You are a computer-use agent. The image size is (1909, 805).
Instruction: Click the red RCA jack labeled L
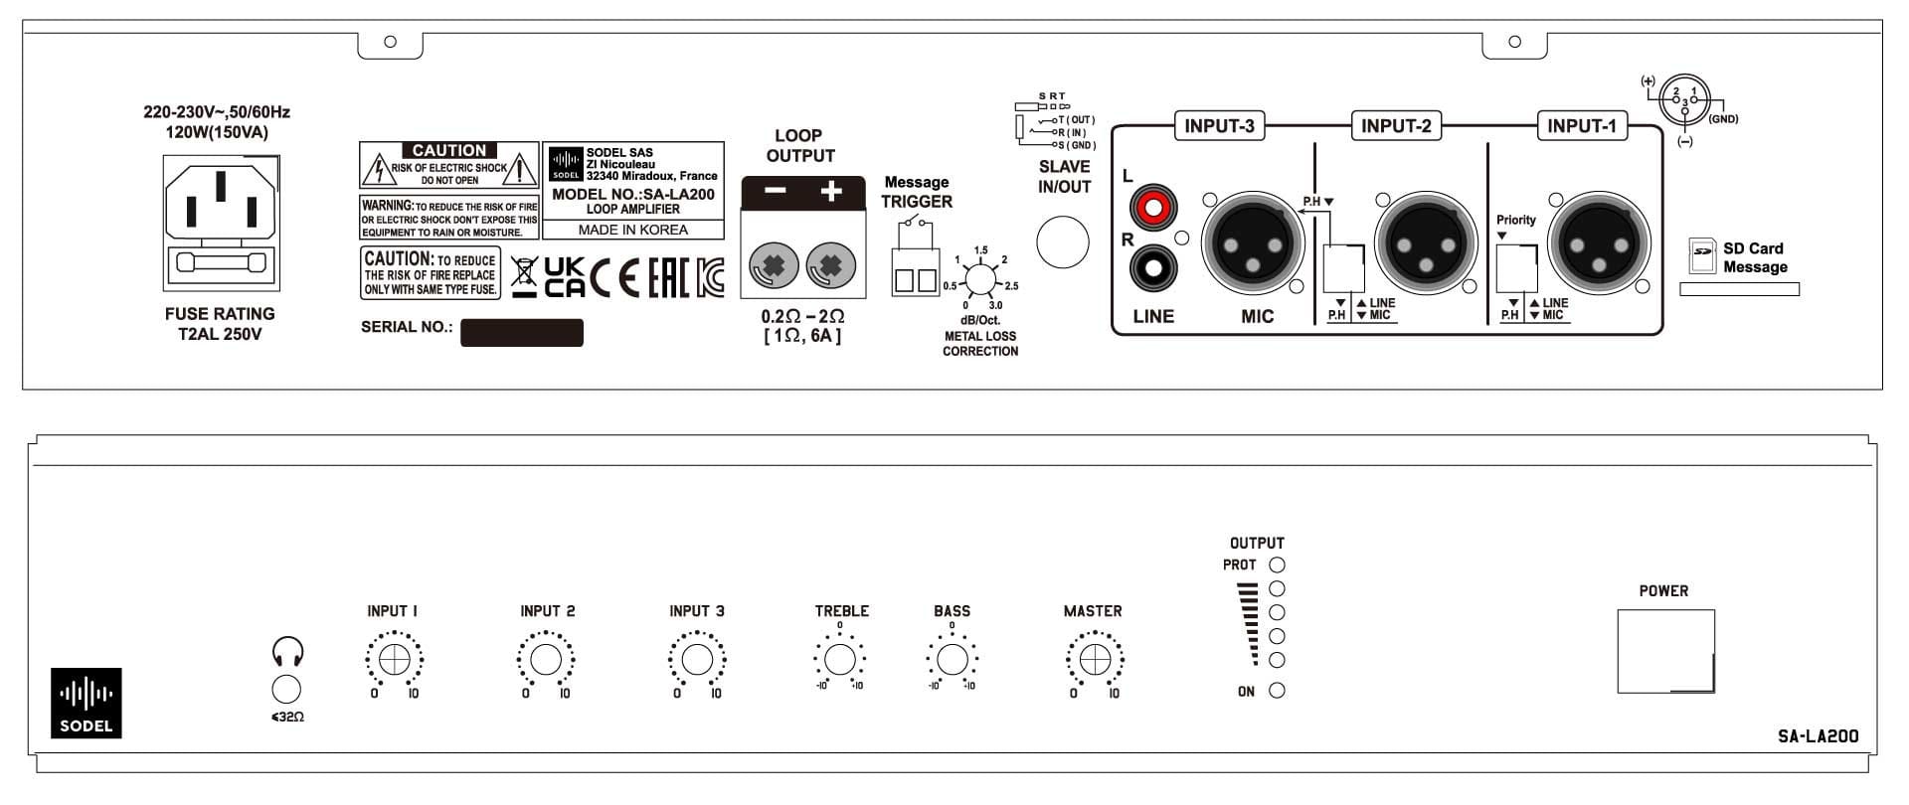(x=1153, y=208)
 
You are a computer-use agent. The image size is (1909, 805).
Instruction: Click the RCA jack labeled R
(x=1153, y=266)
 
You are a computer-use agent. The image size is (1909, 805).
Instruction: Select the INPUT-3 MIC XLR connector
(x=1252, y=242)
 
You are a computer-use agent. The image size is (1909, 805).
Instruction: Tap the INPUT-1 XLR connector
(x=1599, y=242)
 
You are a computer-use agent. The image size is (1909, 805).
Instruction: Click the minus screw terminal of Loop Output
(x=773, y=266)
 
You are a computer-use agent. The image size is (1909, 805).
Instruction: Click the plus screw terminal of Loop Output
(x=831, y=266)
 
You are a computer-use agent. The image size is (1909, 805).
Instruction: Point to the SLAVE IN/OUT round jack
(x=1063, y=242)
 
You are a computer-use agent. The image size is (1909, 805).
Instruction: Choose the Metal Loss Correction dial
(x=980, y=280)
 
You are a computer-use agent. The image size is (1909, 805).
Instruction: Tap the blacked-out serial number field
(x=521, y=332)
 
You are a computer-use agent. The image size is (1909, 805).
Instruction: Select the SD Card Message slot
(x=1739, y=289)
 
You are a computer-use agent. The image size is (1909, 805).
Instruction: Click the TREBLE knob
(x=840, y=659)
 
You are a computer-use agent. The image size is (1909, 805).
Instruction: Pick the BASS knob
(x=952, y=659)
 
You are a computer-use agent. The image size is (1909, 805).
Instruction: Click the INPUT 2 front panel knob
(x=545, y=660)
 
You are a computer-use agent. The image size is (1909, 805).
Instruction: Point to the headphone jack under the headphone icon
(x=286, y=689)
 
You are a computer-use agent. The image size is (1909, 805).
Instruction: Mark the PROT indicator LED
(x=1278, y=564)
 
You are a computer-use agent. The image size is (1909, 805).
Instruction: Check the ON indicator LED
(x=1278, y=691)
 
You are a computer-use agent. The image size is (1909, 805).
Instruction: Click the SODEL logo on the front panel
(x=87, y=702)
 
